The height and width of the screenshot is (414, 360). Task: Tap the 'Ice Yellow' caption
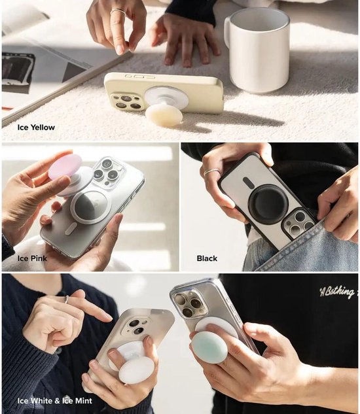pos(36,128)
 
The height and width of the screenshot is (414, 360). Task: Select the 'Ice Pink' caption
pos(31,258)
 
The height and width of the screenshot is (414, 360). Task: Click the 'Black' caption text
pos(207,258)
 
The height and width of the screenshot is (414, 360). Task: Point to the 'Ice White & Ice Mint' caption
pos(55,400)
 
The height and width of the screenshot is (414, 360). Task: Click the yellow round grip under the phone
pos(163,114)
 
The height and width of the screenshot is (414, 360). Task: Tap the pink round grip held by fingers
pos(65,167)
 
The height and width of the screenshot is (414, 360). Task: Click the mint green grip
pos(209,347)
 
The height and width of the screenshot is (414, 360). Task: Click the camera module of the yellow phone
pos(127,102)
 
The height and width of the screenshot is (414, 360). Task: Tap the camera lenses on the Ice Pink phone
pos(105,171)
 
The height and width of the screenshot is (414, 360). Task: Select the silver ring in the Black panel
pos(211,173)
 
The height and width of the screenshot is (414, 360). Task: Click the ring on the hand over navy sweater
pos(65,299)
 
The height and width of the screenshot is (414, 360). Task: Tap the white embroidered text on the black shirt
pos(337,292)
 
